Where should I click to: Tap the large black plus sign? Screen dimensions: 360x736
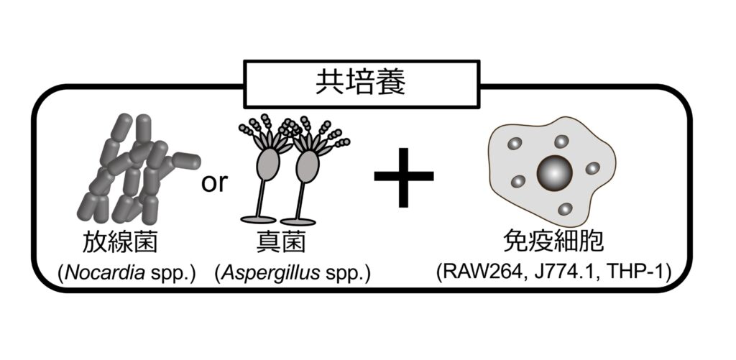[404, 177]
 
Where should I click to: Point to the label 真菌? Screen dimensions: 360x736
[281, 241]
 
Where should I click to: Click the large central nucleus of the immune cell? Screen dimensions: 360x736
[554, 172]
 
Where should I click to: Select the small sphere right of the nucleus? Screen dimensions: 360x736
[592, 168]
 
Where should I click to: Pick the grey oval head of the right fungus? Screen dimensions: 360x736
[308, 165]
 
